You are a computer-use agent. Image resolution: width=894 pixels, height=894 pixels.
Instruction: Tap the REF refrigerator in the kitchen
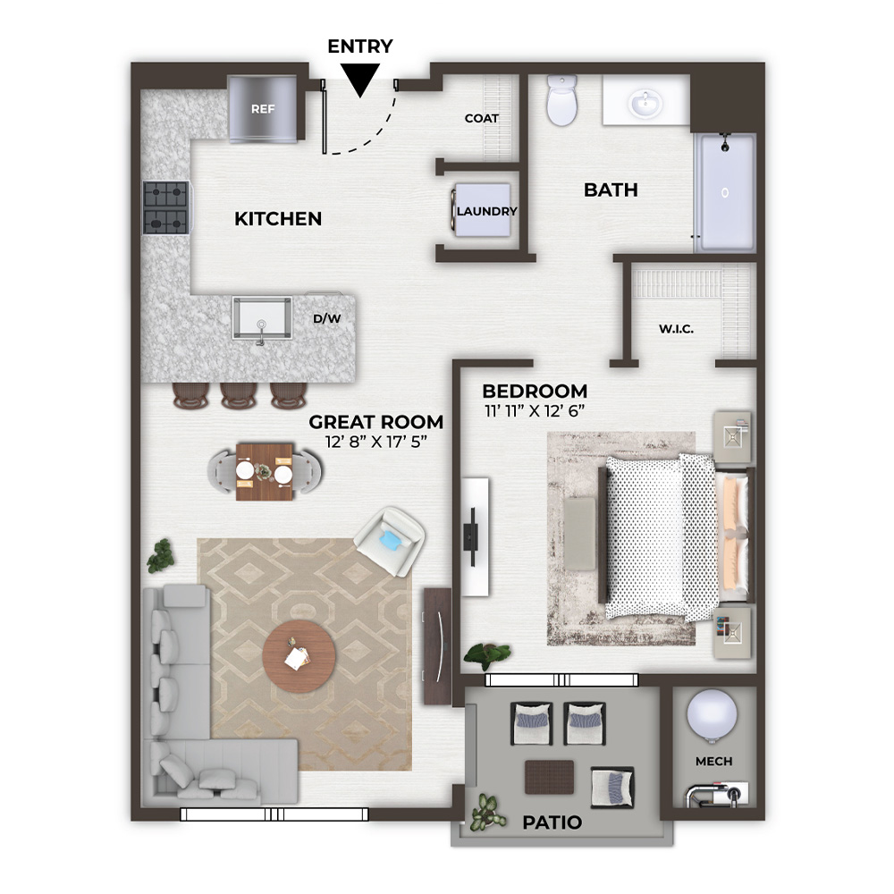tap(262, 109)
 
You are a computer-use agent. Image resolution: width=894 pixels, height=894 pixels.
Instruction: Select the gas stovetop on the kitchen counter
tap(166, 207)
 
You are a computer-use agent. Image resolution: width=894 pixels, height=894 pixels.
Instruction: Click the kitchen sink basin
tap(262, 317)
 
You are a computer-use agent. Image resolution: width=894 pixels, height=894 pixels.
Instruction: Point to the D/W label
tap(326, 319)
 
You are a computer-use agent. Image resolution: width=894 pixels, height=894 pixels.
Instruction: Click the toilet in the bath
tap(562, 100)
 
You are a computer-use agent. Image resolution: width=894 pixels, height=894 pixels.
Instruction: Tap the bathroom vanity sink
tap(645, 104)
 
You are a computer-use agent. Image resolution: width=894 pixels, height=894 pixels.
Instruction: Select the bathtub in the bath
tap(725, 192)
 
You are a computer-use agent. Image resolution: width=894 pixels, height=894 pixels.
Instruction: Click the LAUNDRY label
tap(486, 212)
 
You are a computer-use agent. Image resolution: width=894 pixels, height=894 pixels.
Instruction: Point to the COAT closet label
tap(482, 119)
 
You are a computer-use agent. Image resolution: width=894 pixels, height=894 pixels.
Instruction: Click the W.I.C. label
tap(676, 329)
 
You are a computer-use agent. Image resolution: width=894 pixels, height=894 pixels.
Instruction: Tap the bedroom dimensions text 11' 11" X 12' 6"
tap(535, 410)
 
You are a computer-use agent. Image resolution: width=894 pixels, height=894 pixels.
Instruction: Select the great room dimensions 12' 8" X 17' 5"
tap(376, 442)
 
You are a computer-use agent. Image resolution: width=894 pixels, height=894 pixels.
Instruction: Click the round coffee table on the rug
tap(299, 656)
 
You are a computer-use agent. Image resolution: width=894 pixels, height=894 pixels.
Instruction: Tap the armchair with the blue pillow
tap(389, 542)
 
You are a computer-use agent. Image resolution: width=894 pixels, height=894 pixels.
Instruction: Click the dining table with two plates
tap(265, 472)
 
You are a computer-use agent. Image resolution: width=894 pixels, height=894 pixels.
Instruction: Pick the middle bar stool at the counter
tap(239, 395)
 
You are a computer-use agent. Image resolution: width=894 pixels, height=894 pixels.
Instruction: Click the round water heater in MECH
tap(712, 715)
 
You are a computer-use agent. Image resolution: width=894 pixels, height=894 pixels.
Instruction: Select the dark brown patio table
tap(549, 777)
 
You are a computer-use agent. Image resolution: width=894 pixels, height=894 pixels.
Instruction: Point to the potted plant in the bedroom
tap(487, 655)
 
